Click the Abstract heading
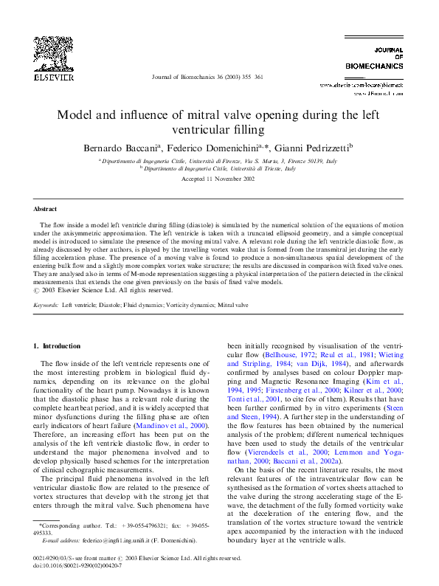pos(46,210)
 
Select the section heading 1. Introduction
pos(57,345)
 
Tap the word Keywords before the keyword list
pos(46,304)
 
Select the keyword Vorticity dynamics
pos(187,304)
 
